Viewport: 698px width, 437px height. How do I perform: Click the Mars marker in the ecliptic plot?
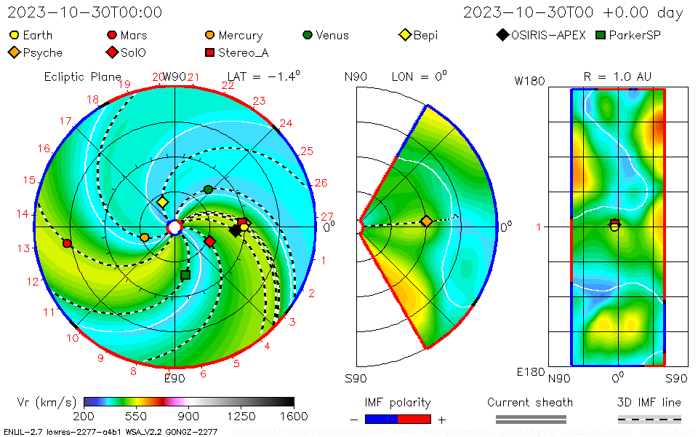(x=68, y=243)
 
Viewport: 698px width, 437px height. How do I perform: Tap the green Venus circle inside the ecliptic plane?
(x=209, y=189)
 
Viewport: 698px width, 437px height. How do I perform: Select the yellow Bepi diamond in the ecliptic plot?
(x=163, y=202)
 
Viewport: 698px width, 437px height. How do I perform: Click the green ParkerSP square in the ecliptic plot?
(x=185, y=275)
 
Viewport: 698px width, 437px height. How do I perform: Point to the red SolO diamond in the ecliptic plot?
(x=210, y=241)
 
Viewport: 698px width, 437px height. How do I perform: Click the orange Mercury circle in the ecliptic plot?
(x=145, y=237)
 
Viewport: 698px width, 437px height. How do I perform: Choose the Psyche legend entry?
(x=36, y=52)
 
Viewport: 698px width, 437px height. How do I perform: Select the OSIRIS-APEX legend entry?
(x=542, y=35)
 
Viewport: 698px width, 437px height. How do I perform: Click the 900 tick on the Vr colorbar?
(x=189, y=416)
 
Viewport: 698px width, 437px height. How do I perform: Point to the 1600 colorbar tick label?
(x=294, y=416)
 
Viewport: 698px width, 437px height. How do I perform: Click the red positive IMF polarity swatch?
(x=414, y=420)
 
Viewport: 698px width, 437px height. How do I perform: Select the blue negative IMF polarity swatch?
(x=381, y=420)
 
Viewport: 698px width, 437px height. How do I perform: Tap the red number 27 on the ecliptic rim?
(x=327, y=217)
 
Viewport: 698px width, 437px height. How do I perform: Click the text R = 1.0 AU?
(x=617, y=76)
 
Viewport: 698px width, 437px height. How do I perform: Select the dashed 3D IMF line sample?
(x=649, y=420)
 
